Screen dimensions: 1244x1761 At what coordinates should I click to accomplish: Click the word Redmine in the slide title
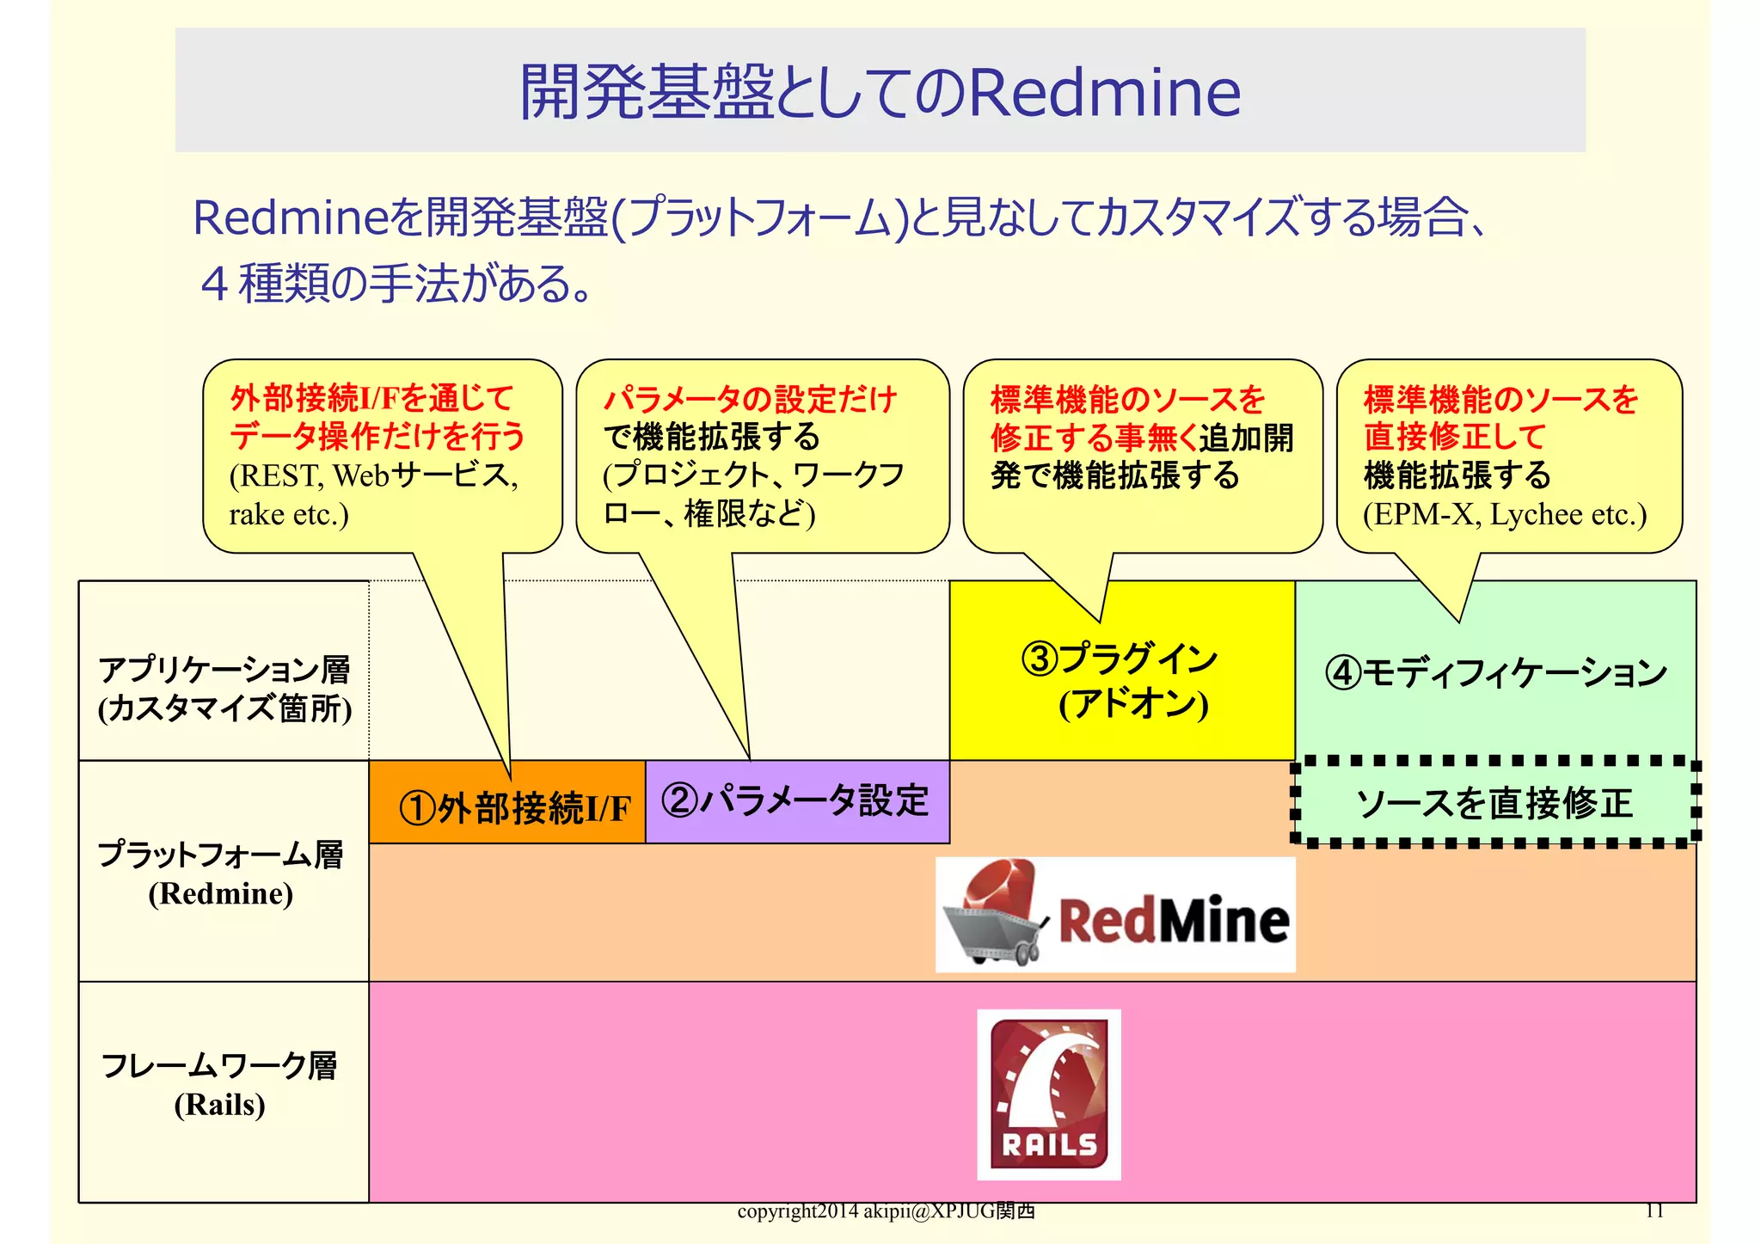tap(1105, 92)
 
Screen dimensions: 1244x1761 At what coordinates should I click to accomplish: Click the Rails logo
tap(1048, 1094)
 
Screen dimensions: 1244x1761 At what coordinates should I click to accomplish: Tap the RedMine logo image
tap(1115, 915)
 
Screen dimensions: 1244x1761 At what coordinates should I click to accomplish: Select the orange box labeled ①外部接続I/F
tap(507, 804)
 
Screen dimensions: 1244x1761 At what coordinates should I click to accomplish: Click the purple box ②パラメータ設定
tap(796, 801)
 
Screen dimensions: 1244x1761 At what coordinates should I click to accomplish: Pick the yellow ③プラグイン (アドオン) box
tap(1121, 679)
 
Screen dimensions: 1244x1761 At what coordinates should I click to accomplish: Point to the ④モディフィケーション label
tap(1495, 672)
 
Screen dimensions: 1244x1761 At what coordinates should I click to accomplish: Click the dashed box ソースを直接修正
tap(1494, 803)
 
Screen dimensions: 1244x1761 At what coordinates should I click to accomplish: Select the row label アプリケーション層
tap(224, 670)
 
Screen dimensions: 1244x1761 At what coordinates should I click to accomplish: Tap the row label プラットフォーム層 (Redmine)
tap(222, 872)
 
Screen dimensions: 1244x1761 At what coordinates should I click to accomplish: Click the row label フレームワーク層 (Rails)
tap(220, 1084)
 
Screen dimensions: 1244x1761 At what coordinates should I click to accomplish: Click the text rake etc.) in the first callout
tap(289, 514)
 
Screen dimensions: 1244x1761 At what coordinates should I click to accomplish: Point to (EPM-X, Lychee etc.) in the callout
tap(1504, 514)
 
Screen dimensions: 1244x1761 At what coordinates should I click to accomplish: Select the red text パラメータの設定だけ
tap(750, 400)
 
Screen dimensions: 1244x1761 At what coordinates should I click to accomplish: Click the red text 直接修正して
tap(1455, 437)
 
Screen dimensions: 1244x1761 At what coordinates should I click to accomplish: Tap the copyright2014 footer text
tap(886, 1211)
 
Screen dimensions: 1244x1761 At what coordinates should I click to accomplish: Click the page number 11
tap(1654, 1210)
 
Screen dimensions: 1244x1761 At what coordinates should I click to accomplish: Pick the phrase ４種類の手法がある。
tap(396, 285)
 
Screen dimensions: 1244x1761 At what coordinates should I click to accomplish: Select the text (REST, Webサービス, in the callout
tap(373, 475)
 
